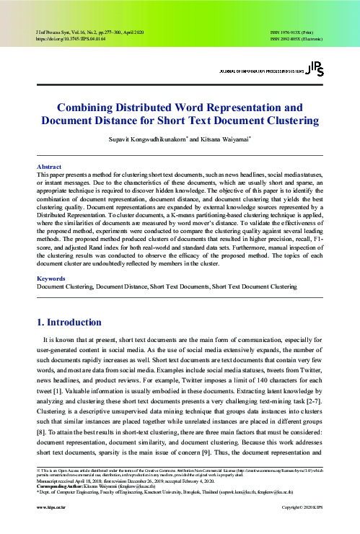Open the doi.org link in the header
pyautogui.click(x=66, y=40)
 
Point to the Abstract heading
pyautogui.click(x=49, y=167)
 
